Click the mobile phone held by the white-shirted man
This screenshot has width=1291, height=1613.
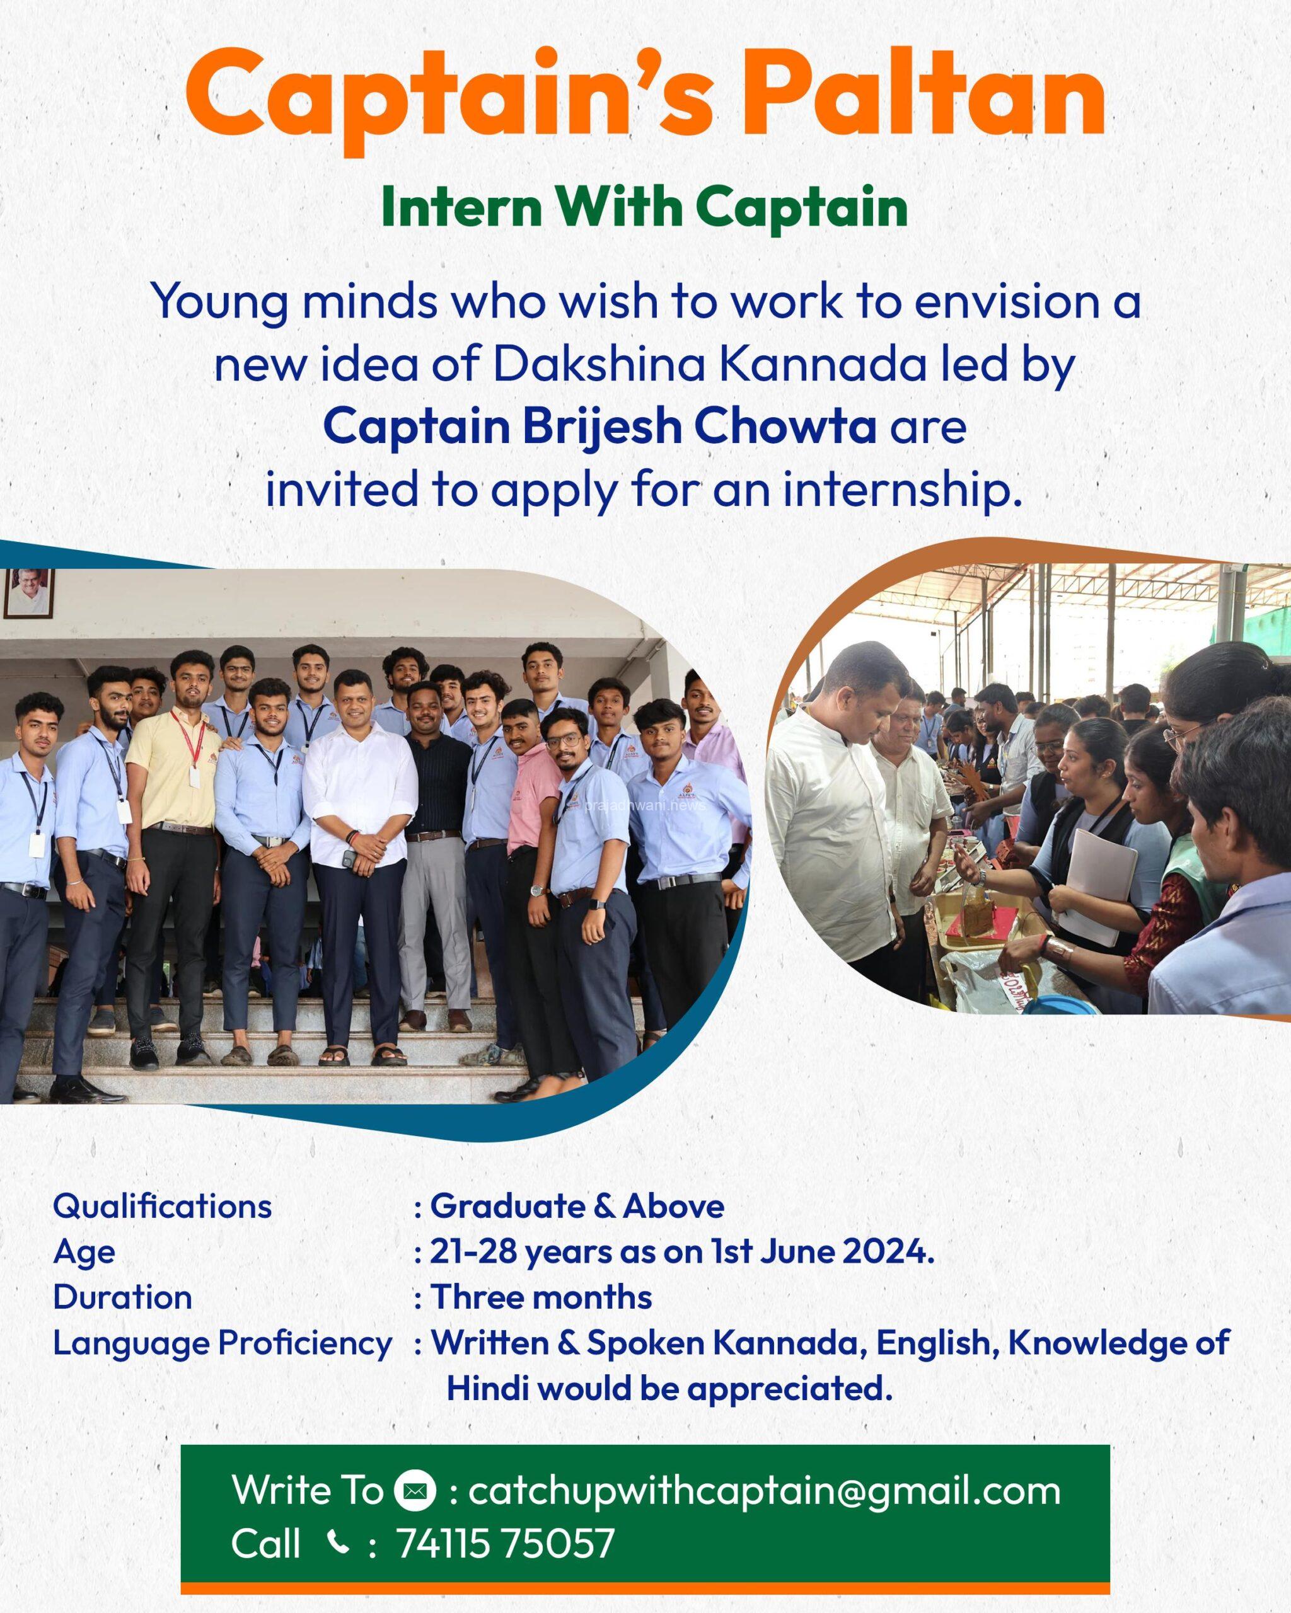[348, 859]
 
